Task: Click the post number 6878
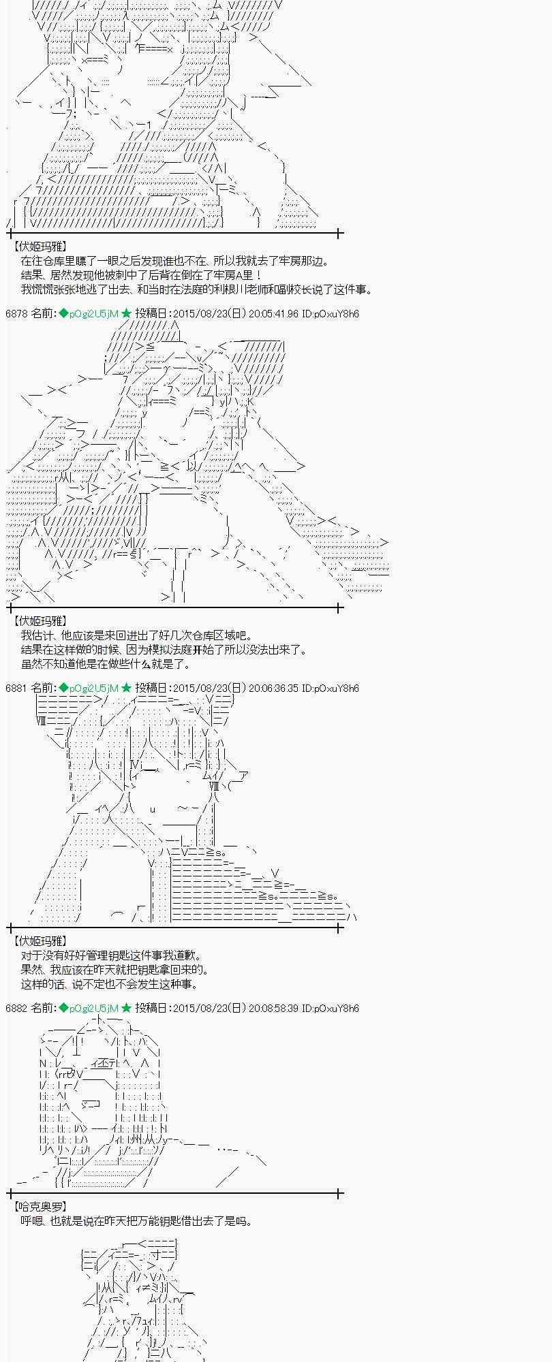click(x=17, y=313)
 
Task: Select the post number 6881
click(x=17, y=688)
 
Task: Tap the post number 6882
click(x=17, y=1008)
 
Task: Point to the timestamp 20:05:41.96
click(x=273, y=313)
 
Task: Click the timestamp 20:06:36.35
click(x=273, y=688)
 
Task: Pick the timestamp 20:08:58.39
click(x=273, y=1008)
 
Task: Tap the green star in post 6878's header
click(x=126, y=313)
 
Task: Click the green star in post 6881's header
click(x=126, y=688)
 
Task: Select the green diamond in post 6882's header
click(x=63, y=1008)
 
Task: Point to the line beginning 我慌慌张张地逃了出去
click(x=197, y=289)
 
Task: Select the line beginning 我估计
click(x=136, y=635)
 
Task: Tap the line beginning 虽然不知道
click(x=106, y=664)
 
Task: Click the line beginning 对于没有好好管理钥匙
click(x=112, y=955)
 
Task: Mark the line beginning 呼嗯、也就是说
click(x=136, y=1221)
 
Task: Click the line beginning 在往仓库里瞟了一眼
click(x=174, y=261)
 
